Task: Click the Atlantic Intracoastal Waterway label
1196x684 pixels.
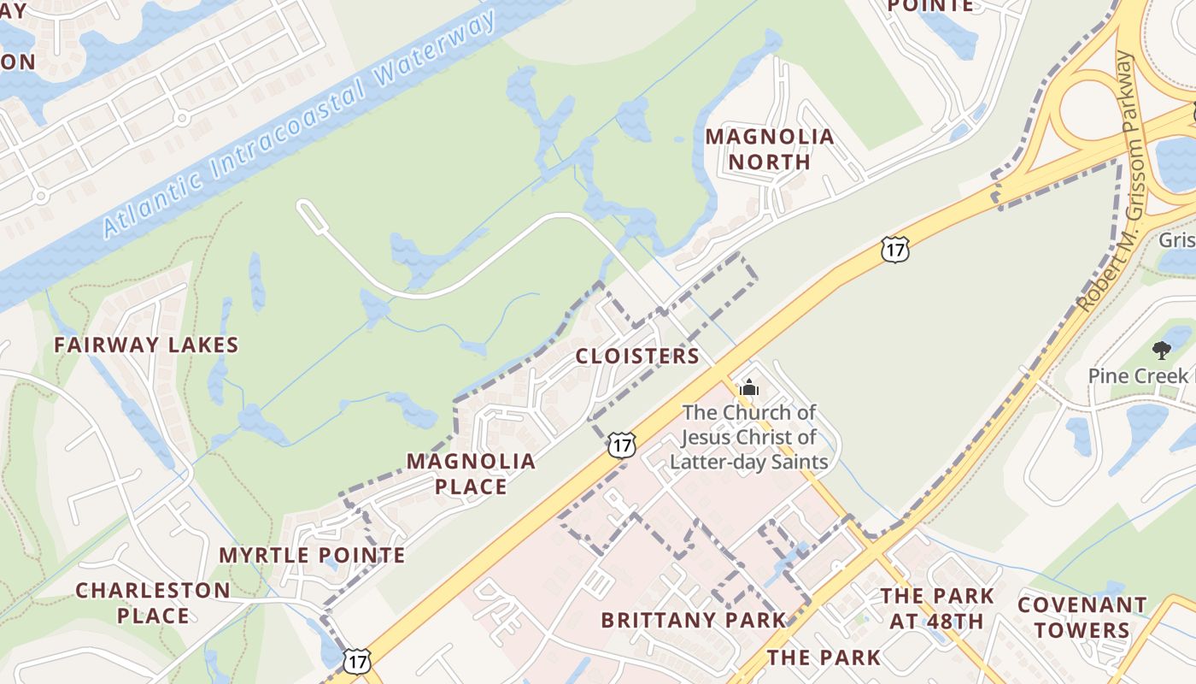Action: click(299, 125)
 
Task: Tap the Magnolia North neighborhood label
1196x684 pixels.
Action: click(770, 149)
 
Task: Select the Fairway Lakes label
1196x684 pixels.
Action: click(146, 345)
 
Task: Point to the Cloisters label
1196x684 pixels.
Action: click(637, 357)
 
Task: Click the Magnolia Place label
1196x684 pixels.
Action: click(471, 474)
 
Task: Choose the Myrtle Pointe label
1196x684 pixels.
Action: click(313, 556)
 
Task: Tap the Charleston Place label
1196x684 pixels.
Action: click(153, 603)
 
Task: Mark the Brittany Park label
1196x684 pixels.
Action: click(693, 620)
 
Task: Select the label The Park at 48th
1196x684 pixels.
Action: click(937, 608)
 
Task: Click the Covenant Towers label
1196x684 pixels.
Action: click(1082, 617)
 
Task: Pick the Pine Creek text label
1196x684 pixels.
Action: click(1137, 376)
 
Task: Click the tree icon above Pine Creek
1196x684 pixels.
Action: click(1161, 350)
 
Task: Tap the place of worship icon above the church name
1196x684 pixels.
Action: click(749, 387)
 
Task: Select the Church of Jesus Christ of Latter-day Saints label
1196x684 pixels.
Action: click(749, 437)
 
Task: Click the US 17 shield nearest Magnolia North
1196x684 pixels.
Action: click(894, 250)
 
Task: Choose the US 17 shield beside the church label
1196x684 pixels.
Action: click(622, 445)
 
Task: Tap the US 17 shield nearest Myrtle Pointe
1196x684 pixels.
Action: click(357, 660)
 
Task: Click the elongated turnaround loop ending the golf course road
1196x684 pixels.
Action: click(312, 215)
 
